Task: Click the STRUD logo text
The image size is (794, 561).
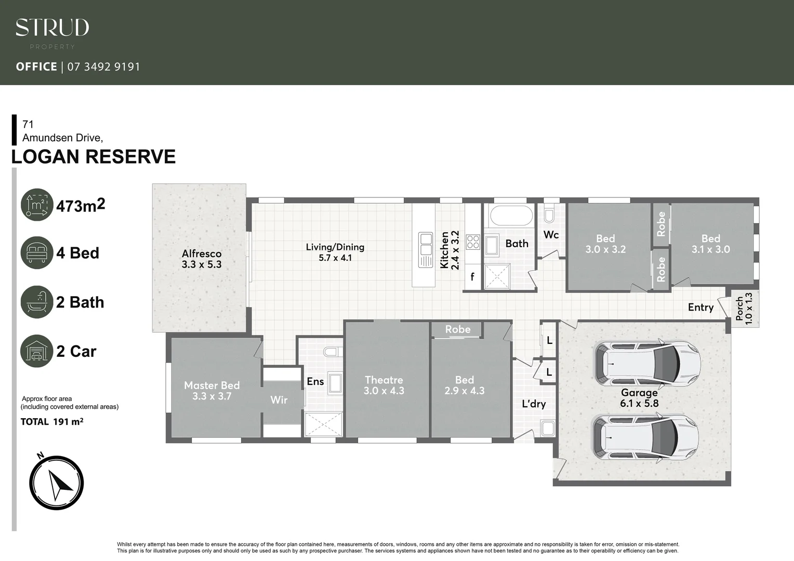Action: (52, 28)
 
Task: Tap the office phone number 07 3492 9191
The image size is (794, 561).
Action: (103, 66)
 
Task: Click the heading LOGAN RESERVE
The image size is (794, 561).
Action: (94, 157)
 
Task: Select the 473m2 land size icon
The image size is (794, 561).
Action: (37, 205)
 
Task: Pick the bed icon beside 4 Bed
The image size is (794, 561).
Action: (37, 253)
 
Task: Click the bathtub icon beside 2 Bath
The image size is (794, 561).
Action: (37, 302)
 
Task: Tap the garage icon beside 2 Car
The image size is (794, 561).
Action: (37, 351)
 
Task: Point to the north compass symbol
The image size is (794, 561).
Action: (56, 482)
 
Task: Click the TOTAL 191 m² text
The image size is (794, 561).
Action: (52, 422)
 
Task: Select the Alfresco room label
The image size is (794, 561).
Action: (202, 259)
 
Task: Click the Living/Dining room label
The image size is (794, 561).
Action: (335, 252)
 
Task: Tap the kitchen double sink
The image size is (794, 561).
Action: (425, 250)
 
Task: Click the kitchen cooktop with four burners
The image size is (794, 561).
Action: (473, 242)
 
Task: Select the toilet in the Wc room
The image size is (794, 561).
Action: (549, 214)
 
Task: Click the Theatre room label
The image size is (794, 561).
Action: (383, 385)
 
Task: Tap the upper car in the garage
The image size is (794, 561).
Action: (647, 363)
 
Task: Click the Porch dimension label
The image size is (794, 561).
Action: (744, 309)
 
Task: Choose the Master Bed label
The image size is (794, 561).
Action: (212, 391)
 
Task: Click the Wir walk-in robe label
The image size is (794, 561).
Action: (279, 400)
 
